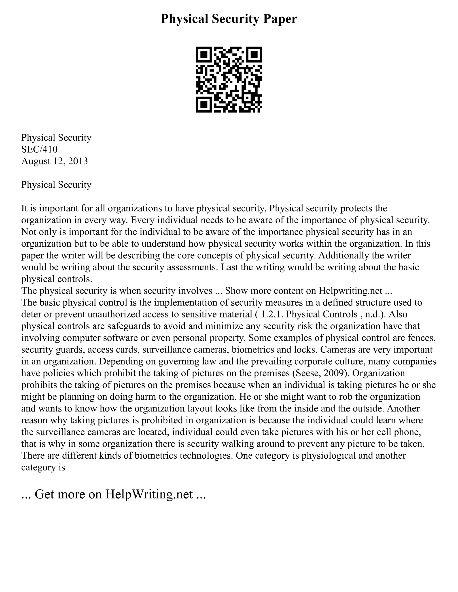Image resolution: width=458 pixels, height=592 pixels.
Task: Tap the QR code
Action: [229, 80]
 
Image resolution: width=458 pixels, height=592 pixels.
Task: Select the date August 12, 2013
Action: [55, 161]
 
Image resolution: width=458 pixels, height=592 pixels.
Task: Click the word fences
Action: [422, 338]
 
